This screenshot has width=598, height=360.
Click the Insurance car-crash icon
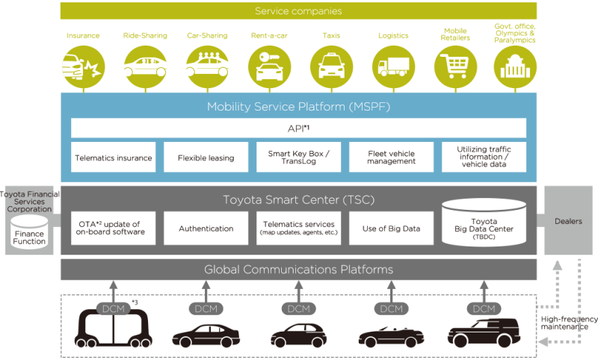click(83, 67)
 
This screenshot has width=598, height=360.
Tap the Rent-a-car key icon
click(269, 67)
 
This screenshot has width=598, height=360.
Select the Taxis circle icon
click(331, 67)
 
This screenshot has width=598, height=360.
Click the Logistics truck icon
click(394, 67)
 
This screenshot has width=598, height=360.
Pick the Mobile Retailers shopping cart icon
click(455, 67)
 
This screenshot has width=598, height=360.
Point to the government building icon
click(515, 67)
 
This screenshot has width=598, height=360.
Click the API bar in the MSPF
click(298, 128)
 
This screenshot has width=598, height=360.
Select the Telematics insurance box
click(114, 158)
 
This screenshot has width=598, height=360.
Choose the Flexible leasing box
click(206, 158)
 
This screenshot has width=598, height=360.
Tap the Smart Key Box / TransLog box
click(298, 158)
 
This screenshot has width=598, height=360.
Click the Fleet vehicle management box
click(391, 158)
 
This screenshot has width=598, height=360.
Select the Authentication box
click(206, 229)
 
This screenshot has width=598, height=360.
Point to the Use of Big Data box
click(391, 229)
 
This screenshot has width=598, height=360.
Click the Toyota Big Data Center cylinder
click(484, 223)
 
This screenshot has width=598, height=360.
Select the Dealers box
click(568, 220)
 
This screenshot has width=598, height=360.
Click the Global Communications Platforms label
click(298, 270)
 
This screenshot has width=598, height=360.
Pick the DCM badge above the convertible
click(391, 308)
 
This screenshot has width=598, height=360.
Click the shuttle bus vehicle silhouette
click(114, 329)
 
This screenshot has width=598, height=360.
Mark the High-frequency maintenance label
click(569, 323)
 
